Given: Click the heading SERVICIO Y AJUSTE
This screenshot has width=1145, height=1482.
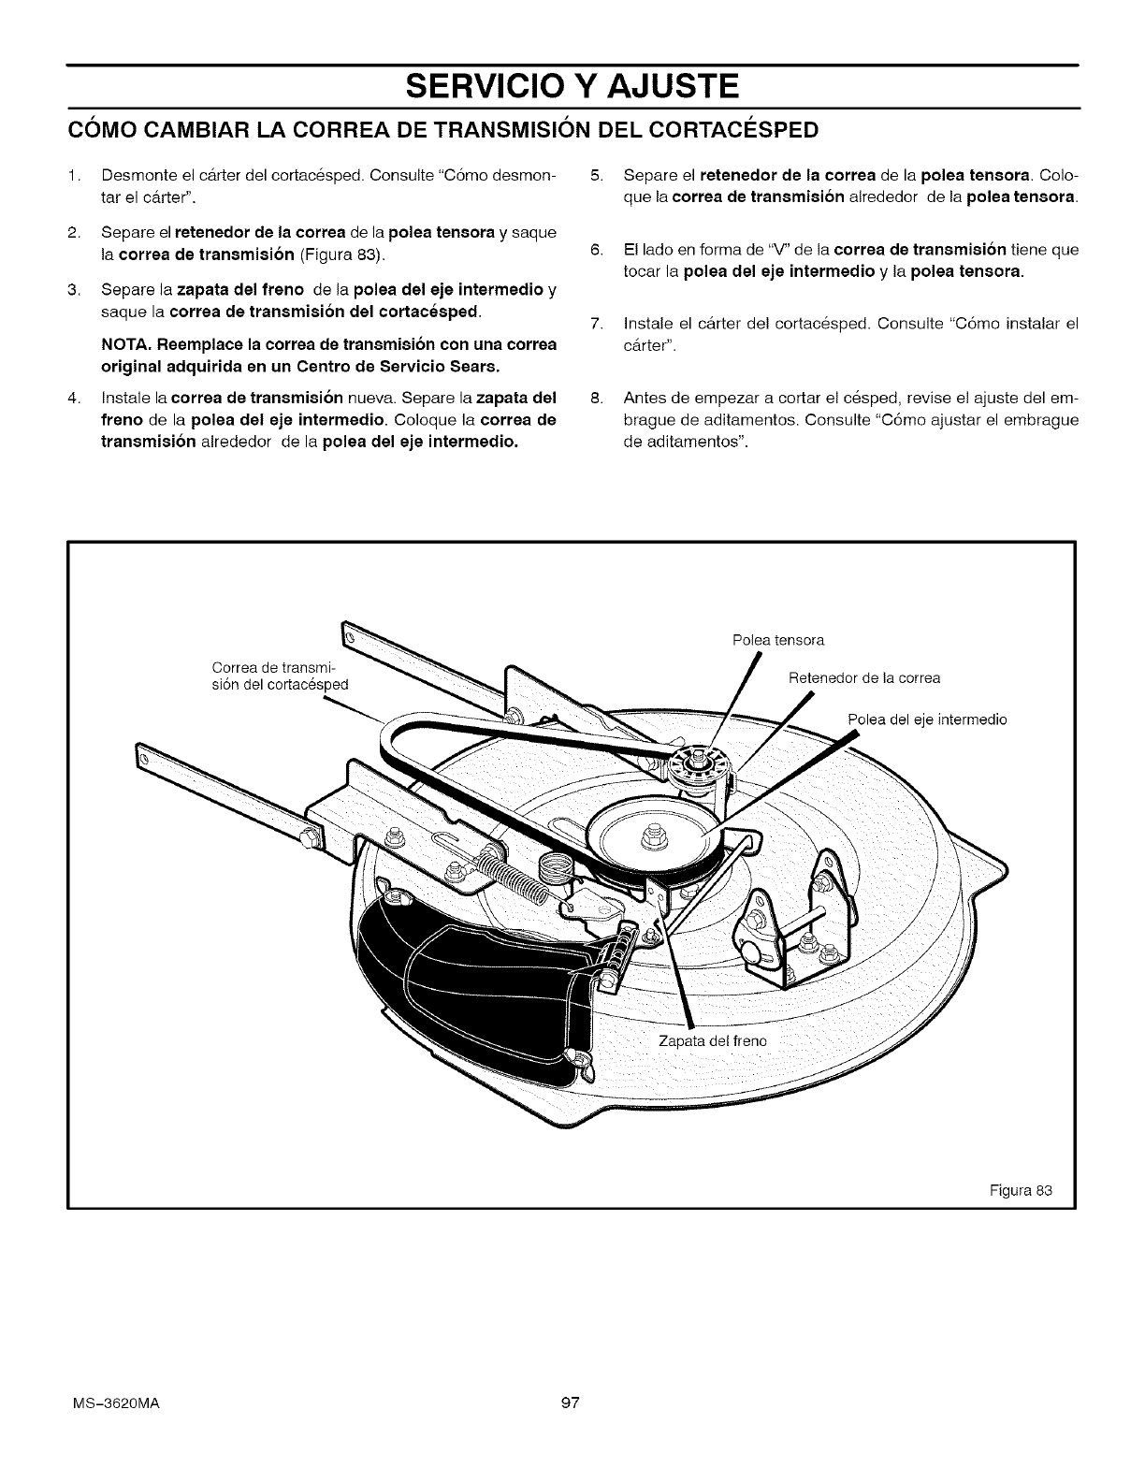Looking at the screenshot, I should [x=572, y=87].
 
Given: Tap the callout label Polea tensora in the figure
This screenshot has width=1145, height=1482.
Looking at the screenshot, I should [x=777, y=641].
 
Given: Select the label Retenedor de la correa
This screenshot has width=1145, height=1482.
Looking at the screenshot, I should [x=864, y=678].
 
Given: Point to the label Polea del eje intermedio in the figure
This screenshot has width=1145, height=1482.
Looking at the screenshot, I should [x=926, y=720].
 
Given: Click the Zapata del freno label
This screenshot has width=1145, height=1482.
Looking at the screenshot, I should [x=712, y=1041].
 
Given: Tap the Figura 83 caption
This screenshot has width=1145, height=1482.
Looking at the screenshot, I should [x=1021, y=1191].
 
